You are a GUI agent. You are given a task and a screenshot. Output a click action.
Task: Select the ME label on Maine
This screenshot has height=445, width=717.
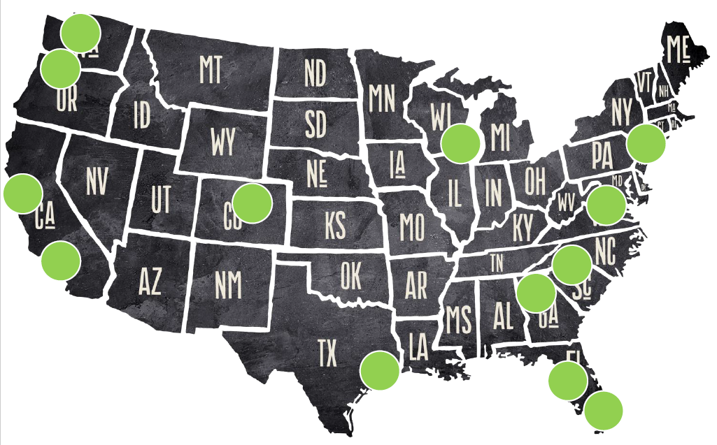click(x=678, y=50)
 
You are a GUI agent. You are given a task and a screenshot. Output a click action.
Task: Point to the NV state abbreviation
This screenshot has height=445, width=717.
click(x=98, y=181)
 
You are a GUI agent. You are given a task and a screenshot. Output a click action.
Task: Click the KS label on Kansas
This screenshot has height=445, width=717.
click(x=335, y=225)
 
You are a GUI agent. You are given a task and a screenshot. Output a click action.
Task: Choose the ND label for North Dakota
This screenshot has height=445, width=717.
click(x=315, y=73)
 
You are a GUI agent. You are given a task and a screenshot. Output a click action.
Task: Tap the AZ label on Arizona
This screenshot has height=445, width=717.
click(x=150, y=281)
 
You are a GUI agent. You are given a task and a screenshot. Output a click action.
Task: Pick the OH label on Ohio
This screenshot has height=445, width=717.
click(x=535, y=180)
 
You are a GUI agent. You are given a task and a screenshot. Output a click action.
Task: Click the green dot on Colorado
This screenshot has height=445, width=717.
click(x=252, y=203)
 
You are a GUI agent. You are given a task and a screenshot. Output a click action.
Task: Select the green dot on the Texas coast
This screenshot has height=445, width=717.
click(x=379, y=370)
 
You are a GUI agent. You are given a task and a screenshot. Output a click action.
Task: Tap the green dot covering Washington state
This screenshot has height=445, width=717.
click(x=80, y=33)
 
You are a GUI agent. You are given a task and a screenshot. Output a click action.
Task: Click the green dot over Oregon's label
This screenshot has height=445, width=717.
click(x=60, y=68)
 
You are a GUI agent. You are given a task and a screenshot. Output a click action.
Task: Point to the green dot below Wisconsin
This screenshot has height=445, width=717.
click(x=460, y=143)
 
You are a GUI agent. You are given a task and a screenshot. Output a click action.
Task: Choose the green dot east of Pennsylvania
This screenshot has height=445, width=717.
click(x=646, y=143)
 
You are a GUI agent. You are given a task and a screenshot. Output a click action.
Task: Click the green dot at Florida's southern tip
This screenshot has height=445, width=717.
click(x=603, y=410)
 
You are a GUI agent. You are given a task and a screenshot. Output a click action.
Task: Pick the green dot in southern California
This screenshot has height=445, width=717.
click(x=61, y=261)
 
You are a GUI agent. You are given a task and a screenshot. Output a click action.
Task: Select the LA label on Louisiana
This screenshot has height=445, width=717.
click(x=418, y=346)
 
